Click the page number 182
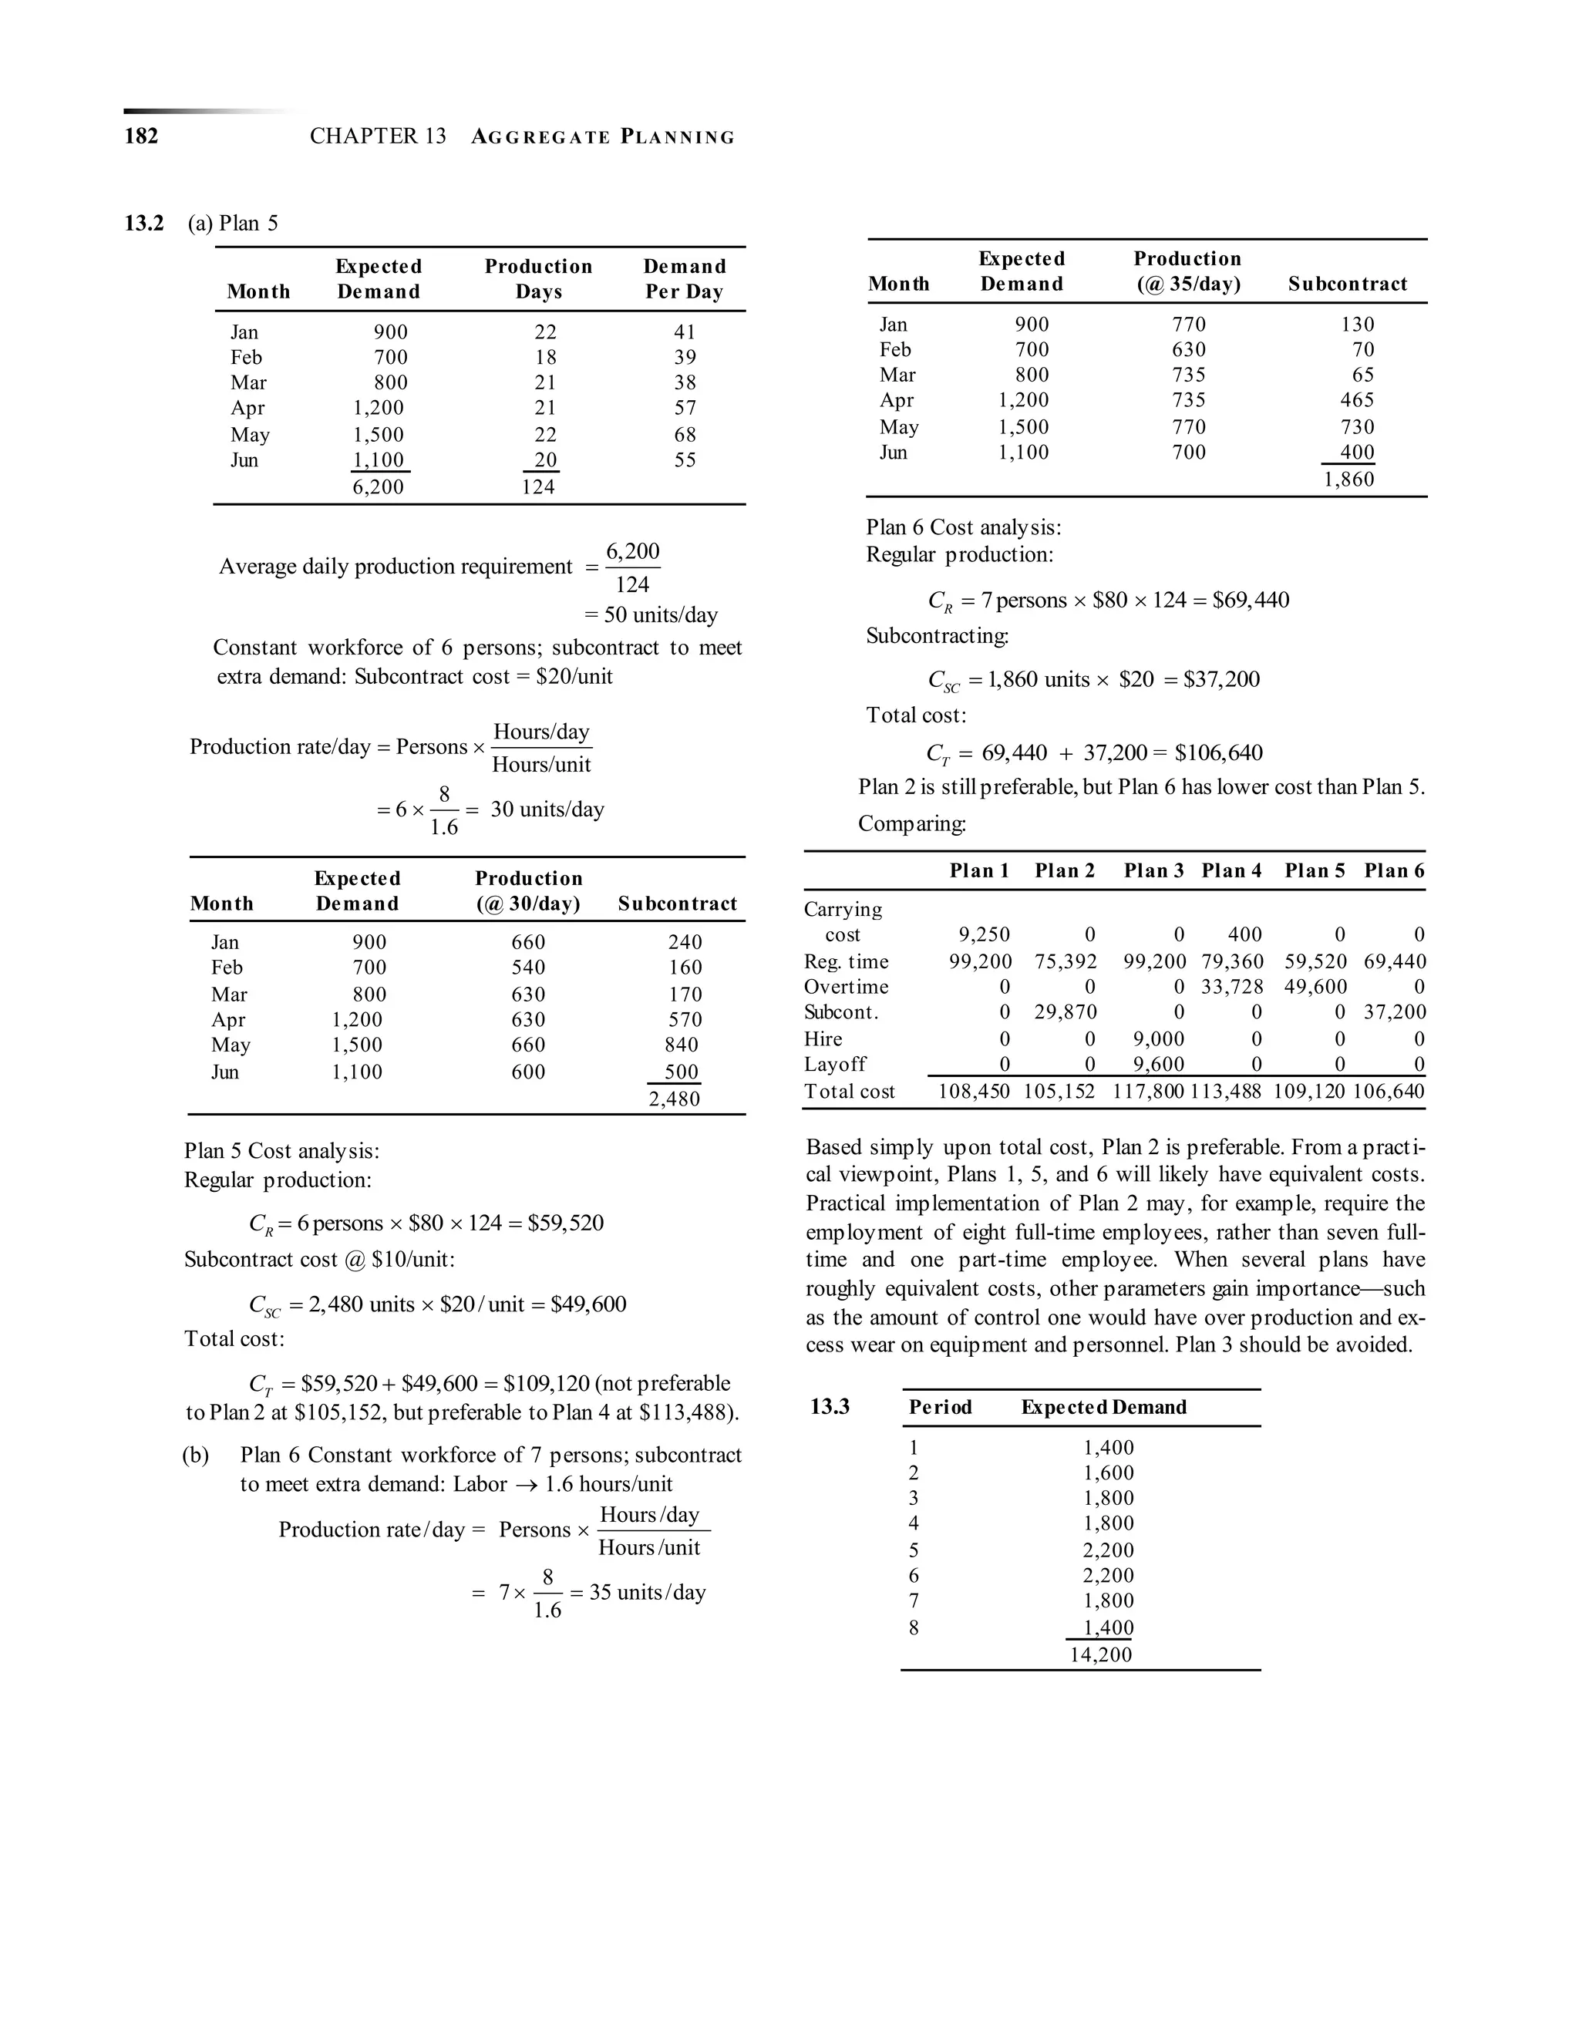coord(141,136)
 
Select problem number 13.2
coord(144,224)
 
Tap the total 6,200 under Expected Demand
coord(378,487)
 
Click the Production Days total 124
coord(539,487)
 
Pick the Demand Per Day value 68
coord(685,435)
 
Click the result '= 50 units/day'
coord(651,615)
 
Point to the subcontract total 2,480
coord(675,1099)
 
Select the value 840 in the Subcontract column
coord(681,1045)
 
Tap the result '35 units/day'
coord(648,1592)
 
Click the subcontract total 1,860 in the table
coord(1349,480)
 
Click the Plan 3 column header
coord(1153,871)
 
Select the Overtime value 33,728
coord(1232,987)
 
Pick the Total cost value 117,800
coord(1149,1092)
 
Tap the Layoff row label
coord(834,1065)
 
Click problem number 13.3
coord(830,1407)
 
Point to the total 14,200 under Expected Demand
coord(1101,1654)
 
